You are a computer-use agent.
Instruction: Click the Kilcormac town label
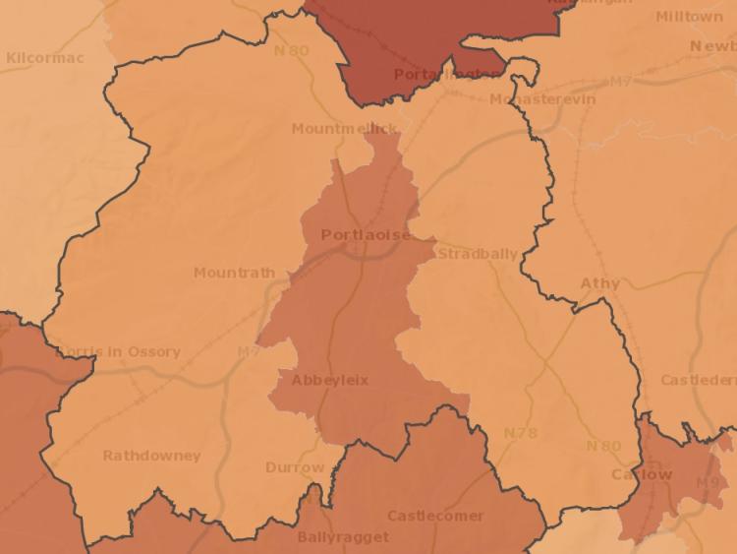[45, 58]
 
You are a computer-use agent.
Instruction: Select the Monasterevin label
[542, 100]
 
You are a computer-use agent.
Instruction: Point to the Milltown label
[689, 17]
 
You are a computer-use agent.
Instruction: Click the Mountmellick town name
[345, 129]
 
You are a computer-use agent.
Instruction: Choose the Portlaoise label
[366, 235]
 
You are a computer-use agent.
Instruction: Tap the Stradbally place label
[478, 254]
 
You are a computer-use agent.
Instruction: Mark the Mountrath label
[234, 273]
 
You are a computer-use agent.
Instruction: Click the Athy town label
[600, 283]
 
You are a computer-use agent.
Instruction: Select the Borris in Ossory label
[119, 351]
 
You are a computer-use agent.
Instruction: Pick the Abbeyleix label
[330, 380]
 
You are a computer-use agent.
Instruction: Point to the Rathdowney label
[151, 456]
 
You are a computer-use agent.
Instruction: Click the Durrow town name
[295, 467]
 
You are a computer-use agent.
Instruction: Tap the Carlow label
[642, 474]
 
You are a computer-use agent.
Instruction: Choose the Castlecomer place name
[435, 516]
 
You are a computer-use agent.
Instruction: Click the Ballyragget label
[343, 537]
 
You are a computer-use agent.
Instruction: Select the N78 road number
[521, 433]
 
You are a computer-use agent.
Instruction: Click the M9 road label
[708, 483]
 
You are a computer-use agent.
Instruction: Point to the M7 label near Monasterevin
[621, 81]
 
